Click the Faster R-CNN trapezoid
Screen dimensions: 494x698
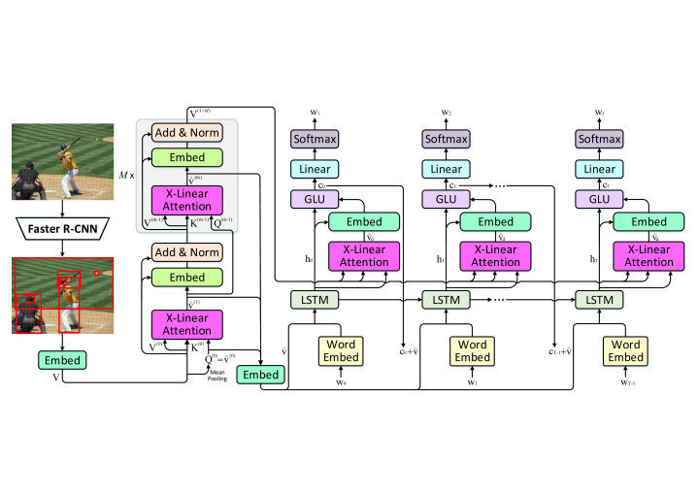tap(61, 229)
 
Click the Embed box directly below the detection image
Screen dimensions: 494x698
tap(60, 360)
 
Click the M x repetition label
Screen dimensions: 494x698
tap(124, 174)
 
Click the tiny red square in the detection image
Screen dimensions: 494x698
tap(97, 273)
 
